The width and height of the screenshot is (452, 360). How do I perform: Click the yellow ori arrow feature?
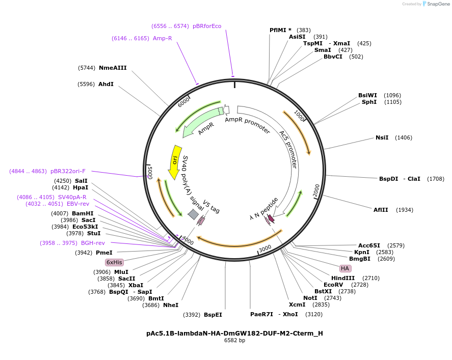(174, 161)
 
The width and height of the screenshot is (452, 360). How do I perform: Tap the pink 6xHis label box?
(114, 262)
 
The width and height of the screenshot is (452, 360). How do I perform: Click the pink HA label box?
(345, 268)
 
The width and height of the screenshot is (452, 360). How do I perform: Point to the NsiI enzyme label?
(382, 137)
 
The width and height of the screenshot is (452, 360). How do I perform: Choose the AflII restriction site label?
(380, 210)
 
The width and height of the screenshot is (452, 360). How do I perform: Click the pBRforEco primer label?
(207, 26)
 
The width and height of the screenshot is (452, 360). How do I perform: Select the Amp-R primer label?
(162, 38)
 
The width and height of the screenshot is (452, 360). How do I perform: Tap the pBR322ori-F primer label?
(68, 171)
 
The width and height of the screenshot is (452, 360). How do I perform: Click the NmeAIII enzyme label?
(113, 68)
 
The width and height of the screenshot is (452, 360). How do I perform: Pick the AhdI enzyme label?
(106, 84)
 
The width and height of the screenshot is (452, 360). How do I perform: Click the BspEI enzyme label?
(213, 315)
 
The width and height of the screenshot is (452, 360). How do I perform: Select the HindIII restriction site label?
(342, 278)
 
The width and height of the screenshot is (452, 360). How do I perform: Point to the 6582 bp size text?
(234, 341)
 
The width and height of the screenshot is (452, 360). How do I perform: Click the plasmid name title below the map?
(234, 334)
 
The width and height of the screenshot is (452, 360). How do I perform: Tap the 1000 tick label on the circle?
(300, 117)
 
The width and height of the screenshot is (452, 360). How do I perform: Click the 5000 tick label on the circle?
(150, 172)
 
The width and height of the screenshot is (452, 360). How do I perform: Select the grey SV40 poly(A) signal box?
(193, 214)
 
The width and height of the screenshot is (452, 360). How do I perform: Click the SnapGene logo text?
(438, 4)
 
